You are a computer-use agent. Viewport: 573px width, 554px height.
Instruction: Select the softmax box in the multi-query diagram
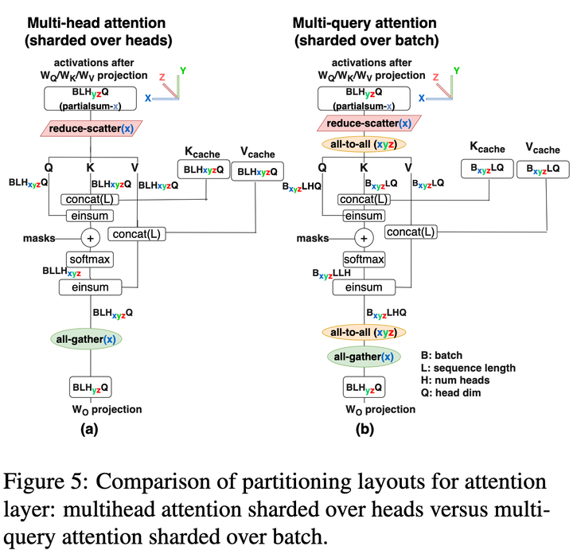(364, 259)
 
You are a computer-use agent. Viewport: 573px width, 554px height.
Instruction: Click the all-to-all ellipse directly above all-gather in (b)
(364, 332)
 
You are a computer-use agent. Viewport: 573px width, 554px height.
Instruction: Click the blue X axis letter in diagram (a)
(149, 96)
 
